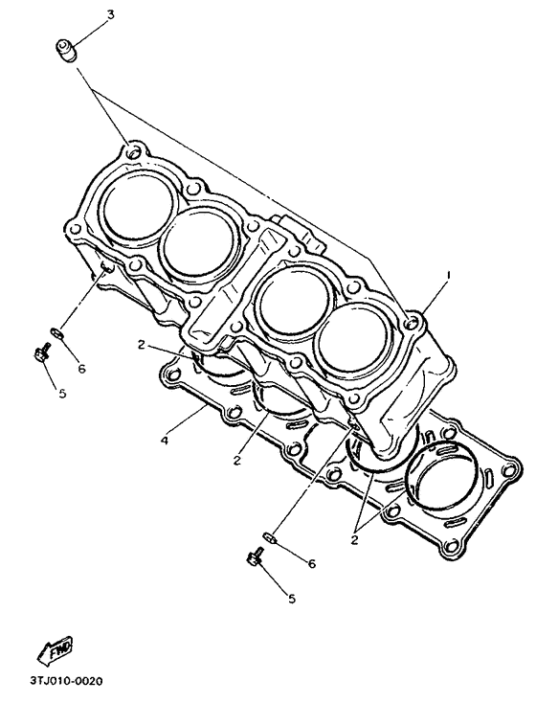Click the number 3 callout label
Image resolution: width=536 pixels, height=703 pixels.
(x=111, y=15)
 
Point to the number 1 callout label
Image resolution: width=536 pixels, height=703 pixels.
(x=446, y=275)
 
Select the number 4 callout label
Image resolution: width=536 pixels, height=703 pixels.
(x=165, y=442)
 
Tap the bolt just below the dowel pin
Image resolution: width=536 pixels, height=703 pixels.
(x=257, y=558)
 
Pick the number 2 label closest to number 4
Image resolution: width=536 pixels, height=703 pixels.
(x=236, y=460)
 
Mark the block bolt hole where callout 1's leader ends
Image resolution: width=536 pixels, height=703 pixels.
(x=412, y=326)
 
